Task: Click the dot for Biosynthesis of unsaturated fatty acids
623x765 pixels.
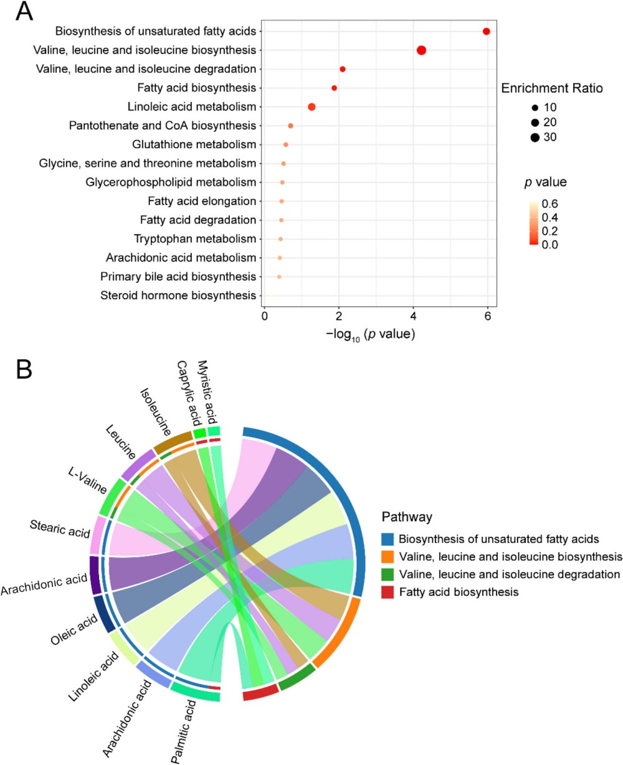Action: click(x=486, y=32)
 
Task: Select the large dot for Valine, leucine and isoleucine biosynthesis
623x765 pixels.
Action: click(x=421, y=50)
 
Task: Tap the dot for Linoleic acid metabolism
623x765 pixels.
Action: click(x=311, y=107)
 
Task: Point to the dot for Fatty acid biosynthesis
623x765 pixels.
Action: click(x=334, y=88)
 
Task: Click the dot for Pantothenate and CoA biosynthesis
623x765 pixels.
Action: click(x=290, y=126)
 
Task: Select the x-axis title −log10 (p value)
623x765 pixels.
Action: click(x=370, y=334)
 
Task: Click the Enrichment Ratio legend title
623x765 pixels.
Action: click(x=552, y=88)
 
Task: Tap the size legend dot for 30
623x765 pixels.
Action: click(x=535, y=138)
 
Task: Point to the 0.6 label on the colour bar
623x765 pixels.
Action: click(x=550, y=203)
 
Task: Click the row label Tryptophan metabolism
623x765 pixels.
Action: click(x=195, y=238)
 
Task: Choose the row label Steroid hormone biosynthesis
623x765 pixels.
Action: click(x=178, y=294)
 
